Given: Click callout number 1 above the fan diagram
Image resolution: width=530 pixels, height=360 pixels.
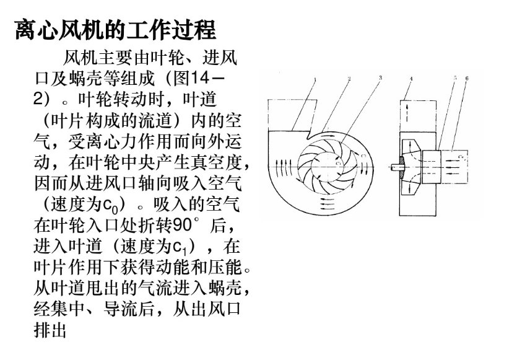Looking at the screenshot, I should pos(314,79).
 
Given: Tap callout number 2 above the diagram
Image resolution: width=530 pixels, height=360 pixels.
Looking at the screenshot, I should pos(349,79).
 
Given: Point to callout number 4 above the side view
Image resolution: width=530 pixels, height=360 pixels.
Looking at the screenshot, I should pos(411,79).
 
